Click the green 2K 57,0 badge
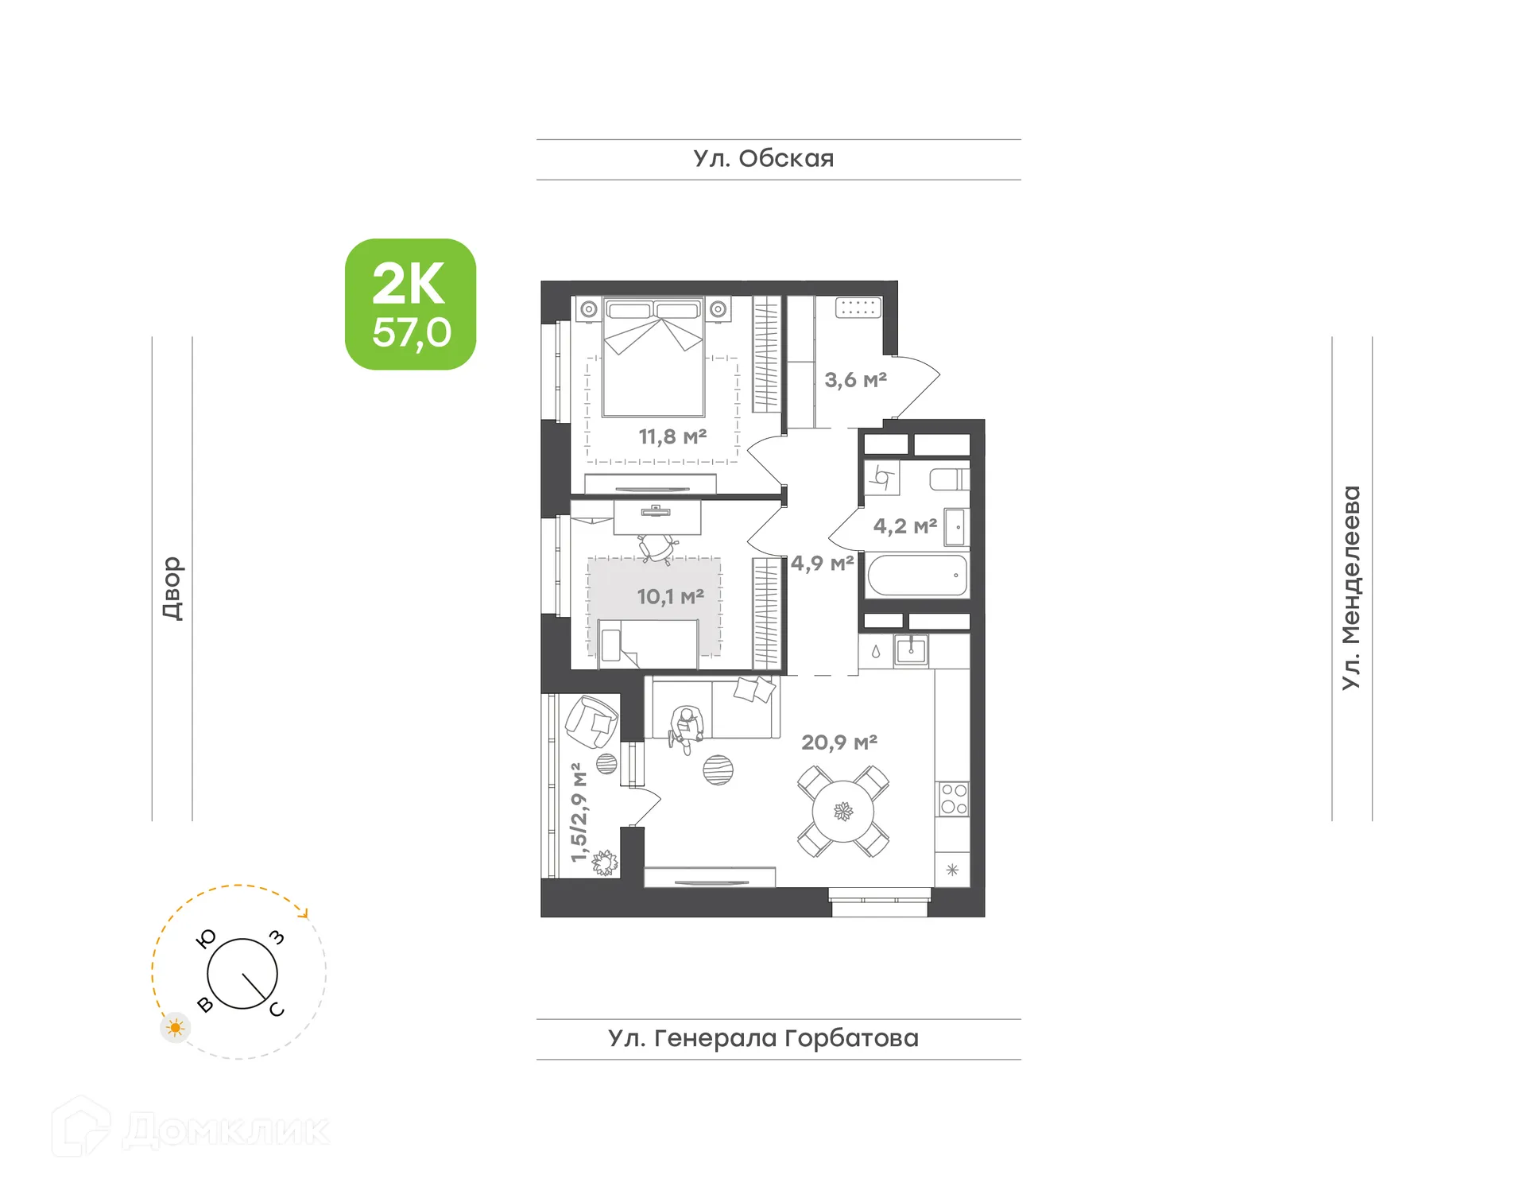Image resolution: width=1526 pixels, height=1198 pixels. click(x=410, y=304)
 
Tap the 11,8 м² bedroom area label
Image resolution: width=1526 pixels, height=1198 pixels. click(x=672, y=436)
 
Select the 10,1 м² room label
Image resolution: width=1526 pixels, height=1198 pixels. click(x=670, y=596)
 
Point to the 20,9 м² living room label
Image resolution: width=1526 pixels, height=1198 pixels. click(x=839, y=742)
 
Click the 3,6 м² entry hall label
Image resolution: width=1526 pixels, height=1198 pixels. click(x=855, y=380)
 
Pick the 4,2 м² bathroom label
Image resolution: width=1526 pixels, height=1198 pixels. click(x=904, y=526)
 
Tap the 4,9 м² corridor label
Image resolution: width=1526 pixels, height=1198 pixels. click(x=822, y=564)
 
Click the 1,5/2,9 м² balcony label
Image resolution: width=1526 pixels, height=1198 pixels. click(x=579, y=812)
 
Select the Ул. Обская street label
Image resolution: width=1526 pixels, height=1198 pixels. click(x=763, y=159)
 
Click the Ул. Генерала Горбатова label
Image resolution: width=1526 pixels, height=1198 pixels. click(x=763, y=1038)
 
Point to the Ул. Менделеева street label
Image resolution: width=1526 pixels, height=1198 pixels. click(x=1351, y=587)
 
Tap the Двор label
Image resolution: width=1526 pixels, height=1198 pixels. click(x=172, y=588)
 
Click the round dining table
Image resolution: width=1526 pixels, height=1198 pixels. click(x=842, y=812)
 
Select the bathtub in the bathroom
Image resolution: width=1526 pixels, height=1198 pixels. click(x=917, y=575)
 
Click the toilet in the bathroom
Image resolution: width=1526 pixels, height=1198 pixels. click(x=949, y=479)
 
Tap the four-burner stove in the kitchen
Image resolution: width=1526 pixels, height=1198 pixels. click(x=953, y=799)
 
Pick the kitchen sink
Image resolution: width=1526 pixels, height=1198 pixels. click(x=911, y=650)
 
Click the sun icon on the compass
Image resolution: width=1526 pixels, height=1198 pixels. click(x=175, y=1028)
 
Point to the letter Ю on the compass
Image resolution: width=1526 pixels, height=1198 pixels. click(x=206, y=939)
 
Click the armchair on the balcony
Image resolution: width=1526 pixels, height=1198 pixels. click(x=591, y=722)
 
